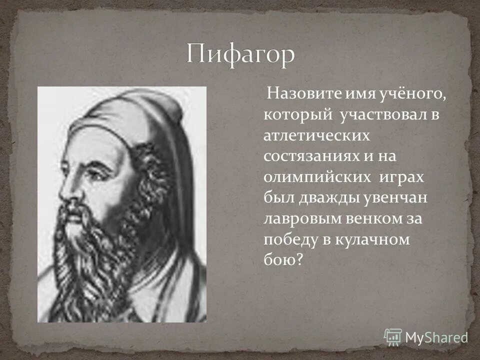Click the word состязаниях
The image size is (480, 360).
[x=309, y=156]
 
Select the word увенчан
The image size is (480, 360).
[x=394, y=199]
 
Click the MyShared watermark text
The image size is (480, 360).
[x=436, y=337]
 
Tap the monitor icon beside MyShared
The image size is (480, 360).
[x=393, y=336]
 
